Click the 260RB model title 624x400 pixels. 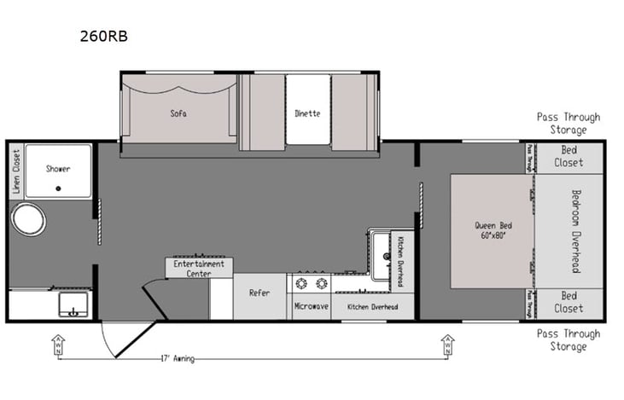tap(105, 37)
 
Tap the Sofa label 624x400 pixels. tap(178, 113)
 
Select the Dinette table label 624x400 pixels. tap(307, 113)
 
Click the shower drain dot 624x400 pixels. tap(58, 188)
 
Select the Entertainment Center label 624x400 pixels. tap(198, 269)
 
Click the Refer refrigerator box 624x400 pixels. tap(260, 293)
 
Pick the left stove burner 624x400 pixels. tap(301, 282)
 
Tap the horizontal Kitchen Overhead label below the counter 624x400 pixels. tap(373, 305)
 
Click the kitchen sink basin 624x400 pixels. tap(380, 249)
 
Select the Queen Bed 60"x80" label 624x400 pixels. tap(491, 229)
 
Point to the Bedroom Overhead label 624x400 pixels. tap(574, 230)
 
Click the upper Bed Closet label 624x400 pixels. tap(569, 156)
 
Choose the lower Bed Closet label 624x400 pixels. tap(569, 303)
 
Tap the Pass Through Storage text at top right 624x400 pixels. tap(568, 124)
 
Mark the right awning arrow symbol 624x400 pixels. tap(447, 345)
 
